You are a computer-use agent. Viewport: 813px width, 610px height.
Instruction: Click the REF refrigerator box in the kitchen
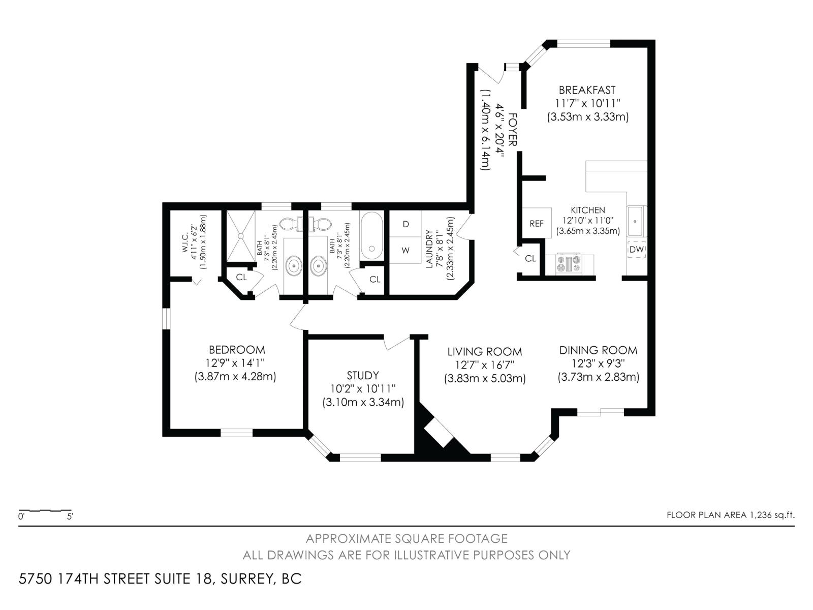pos(537,223)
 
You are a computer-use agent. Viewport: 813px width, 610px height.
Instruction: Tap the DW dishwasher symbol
pos(636,249)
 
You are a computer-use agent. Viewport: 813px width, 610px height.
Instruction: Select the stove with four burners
pos(569,264)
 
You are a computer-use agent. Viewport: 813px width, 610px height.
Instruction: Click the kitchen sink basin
pos(635,221)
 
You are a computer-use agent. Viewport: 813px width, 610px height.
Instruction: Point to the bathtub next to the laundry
pos(371,235)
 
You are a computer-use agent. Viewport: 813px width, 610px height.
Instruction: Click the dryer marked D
pos(405,224)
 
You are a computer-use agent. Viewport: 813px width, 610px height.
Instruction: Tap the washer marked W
pos(405,250)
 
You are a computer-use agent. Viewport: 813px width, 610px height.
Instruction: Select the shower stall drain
pos(241,235)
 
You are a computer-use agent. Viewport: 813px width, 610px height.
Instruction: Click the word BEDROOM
pos(237,350)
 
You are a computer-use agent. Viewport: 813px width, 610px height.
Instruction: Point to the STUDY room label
pos(363,376)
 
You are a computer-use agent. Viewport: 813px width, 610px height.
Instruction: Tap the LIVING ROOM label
pos(484,351)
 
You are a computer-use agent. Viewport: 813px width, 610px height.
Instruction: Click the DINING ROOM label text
pos(598,350)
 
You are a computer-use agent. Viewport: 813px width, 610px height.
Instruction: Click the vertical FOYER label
pos(512,130)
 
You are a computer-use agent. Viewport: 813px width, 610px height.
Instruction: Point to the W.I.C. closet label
pos(185,243)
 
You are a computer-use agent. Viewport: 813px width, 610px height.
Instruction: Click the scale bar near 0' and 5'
pos(45,510)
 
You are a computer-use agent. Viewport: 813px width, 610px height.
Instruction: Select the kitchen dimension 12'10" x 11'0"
pos(588,221)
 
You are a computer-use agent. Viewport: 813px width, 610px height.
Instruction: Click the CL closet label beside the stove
pos(530,259)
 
